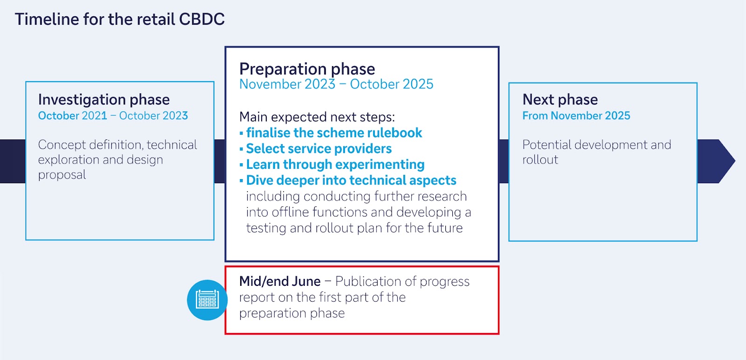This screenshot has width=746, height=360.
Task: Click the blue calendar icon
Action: pos(207,300)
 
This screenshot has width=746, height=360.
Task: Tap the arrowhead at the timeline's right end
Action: pos(723,161)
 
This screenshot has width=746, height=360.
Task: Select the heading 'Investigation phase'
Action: pos(104,100)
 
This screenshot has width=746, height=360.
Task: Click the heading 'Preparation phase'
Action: pos(307,69)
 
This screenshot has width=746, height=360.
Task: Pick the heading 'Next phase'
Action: pos(560,100)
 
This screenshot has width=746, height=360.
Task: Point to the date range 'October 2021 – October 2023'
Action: pos(113,116)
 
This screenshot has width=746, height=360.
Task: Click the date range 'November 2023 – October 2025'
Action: pos(336,84)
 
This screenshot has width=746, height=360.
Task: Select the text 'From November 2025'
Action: pos(576,116)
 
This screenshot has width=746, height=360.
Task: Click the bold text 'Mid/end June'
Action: pos(280,281)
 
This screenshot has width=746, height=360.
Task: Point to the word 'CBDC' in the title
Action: pos(202,19)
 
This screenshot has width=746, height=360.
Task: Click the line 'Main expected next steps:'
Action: pos(317,117)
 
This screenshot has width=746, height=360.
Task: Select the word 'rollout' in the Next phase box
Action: pos(540,160)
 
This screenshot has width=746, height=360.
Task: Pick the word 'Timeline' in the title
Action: pos(47,19)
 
